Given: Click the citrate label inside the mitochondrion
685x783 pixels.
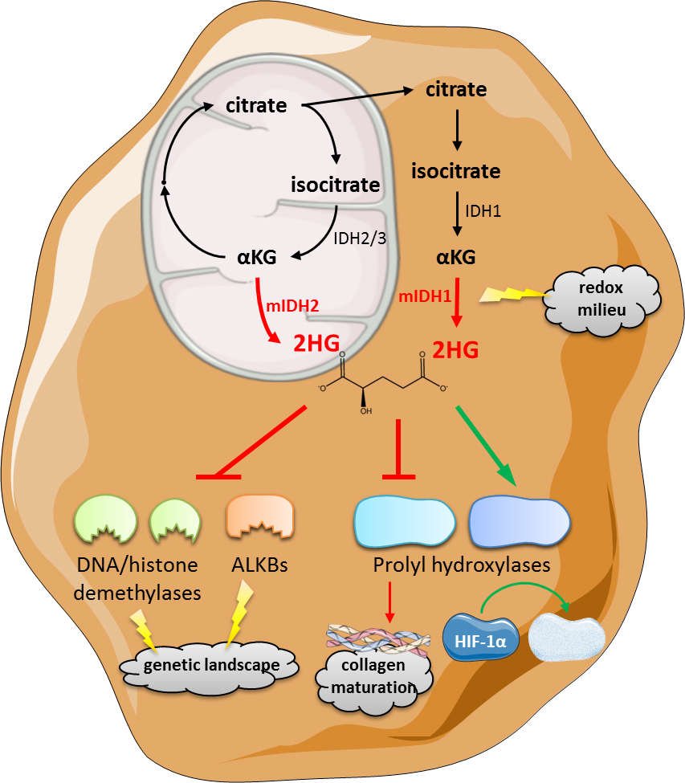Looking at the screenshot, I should click(x=256, y=105).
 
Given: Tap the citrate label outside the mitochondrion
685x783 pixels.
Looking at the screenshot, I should click(x=456, y=89).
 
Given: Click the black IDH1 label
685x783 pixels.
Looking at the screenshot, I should click(x=484, y=210).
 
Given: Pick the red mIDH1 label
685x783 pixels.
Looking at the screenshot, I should click(x=425, y=298).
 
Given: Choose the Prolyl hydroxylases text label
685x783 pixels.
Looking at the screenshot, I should click(x=462, y=565).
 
